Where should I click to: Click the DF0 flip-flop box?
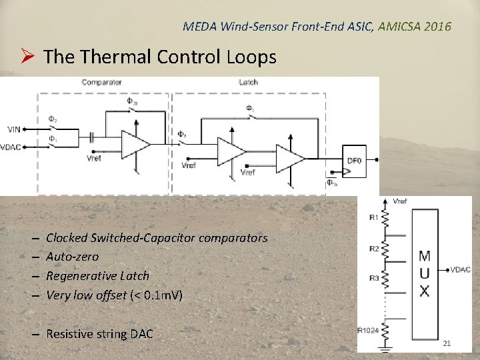(x=354, y=161)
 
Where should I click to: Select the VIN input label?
(x=14, y=129)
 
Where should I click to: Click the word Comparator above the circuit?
(x=101, y=83)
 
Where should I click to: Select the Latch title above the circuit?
(x=248, y=83)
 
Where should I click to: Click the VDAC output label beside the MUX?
(x=461, y=269)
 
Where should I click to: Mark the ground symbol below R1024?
(x=385, y=347)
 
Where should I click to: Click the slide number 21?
(x=447, y=343)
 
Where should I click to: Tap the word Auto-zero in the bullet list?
(x=72, y=257)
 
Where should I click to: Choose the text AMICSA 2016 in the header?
(x=414, y=27)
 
